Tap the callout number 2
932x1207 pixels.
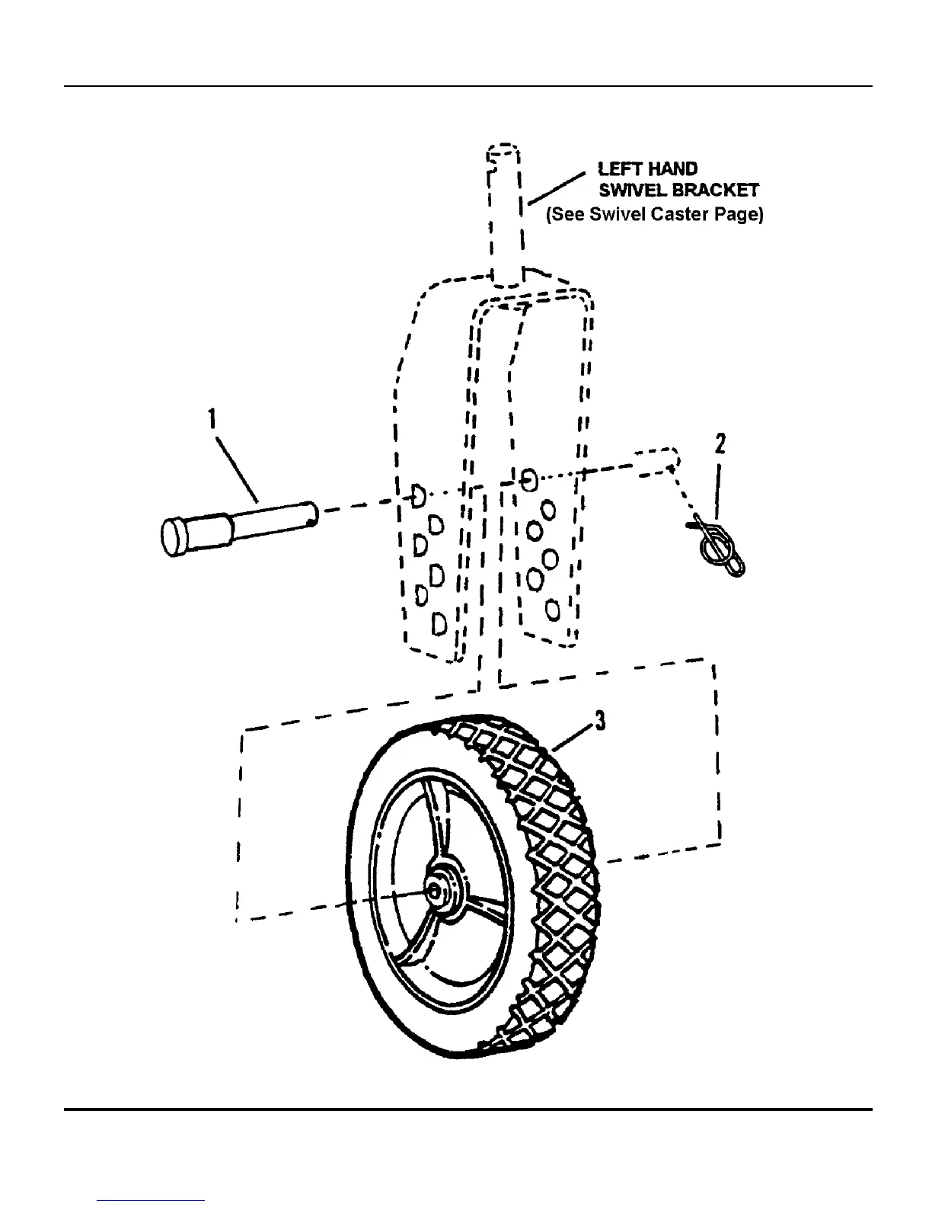(x=720, y=443)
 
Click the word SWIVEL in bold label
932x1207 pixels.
(x=633, y=190)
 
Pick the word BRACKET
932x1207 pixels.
(x=716, y=190)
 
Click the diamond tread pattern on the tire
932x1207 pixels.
(x=548, y=838)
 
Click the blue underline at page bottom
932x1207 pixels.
(x=152, y=1200)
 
